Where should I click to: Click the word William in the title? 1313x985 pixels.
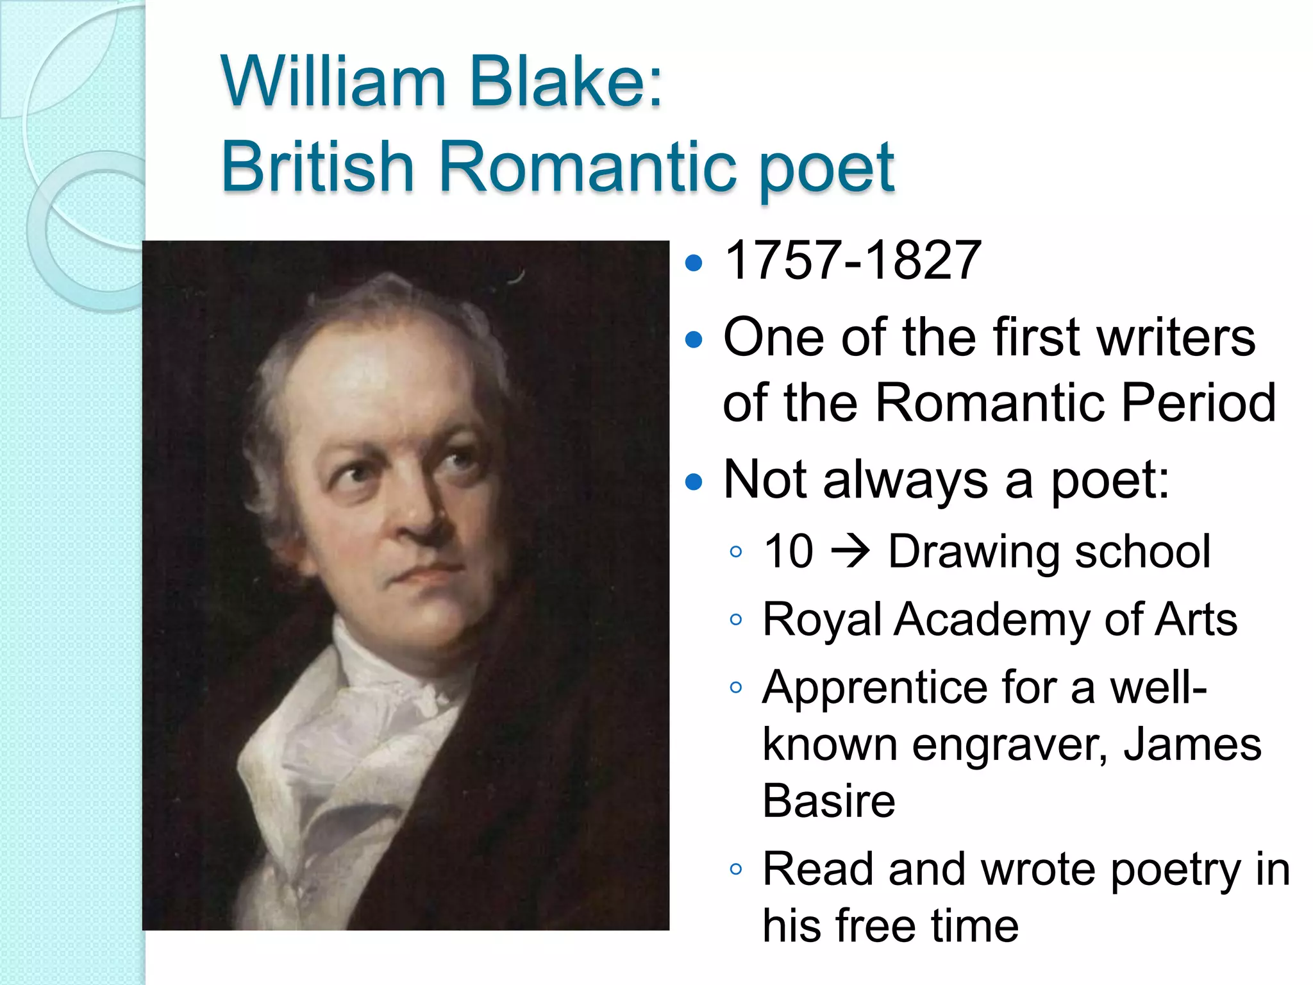[333, 82]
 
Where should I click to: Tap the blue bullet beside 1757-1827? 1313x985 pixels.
[694, 262]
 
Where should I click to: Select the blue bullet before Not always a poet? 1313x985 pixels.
[694, 482]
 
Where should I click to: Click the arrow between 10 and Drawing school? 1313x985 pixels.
[850, 551]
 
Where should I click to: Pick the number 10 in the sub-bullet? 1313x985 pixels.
[789, 551]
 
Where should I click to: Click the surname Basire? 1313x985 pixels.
[828, 801]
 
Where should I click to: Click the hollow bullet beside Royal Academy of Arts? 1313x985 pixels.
[736, 619]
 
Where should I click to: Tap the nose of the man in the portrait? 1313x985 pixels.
[420, 519]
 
